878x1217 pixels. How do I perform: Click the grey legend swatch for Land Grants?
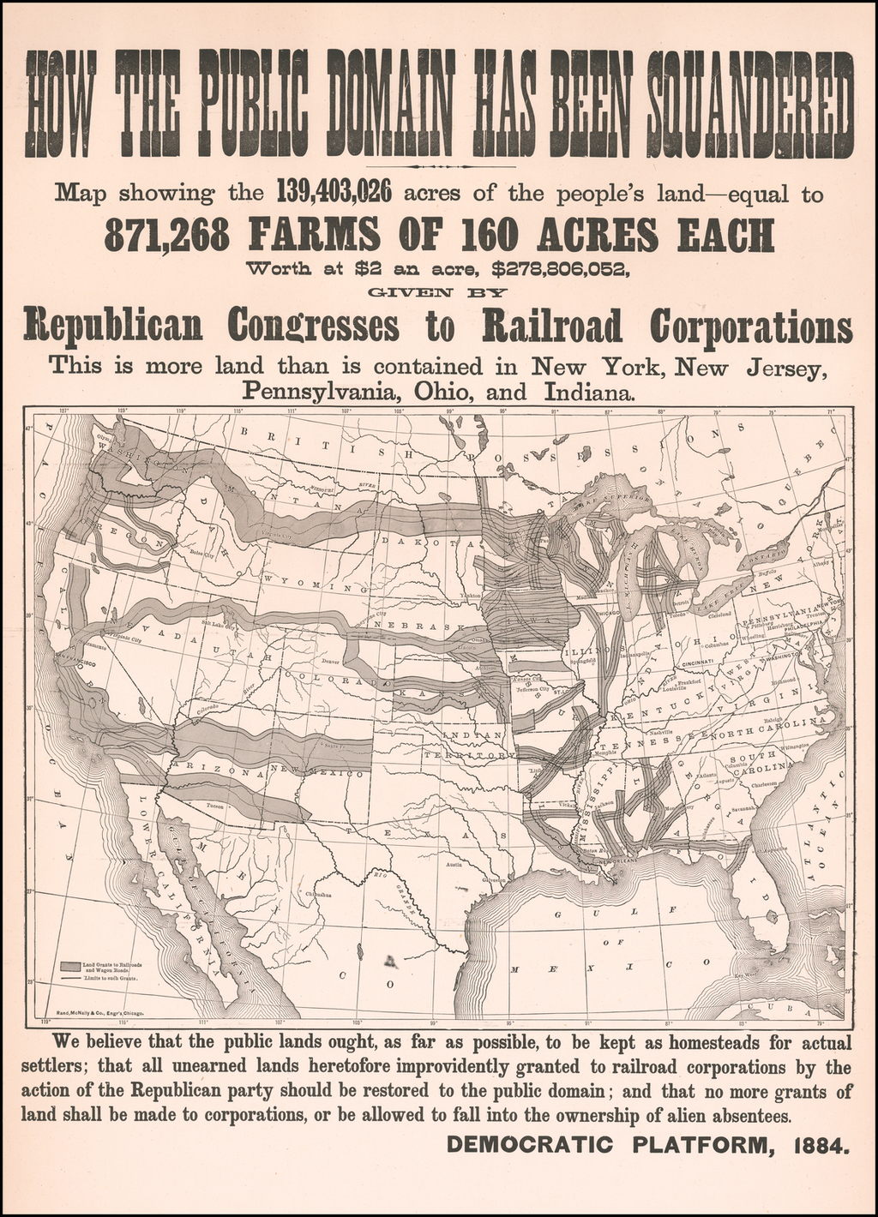(69, 966)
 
